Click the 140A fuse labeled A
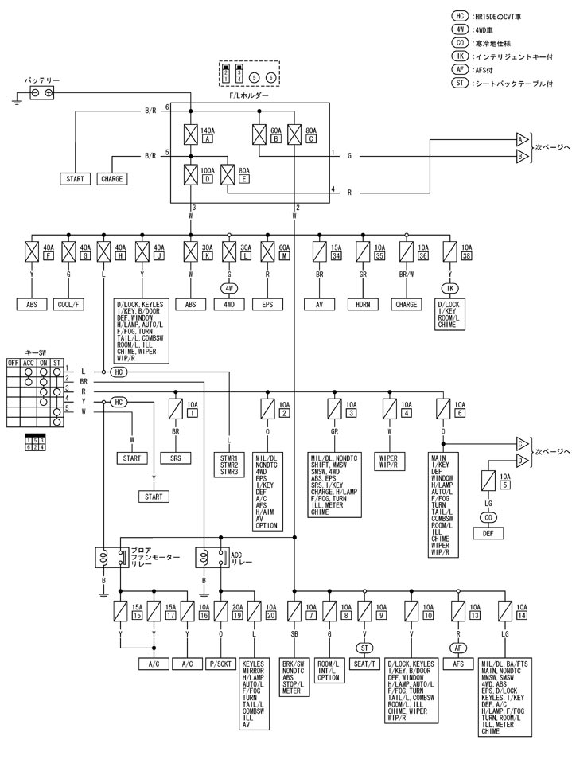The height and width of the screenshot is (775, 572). [191, 134]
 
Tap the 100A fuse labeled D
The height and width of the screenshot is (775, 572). [191, 173]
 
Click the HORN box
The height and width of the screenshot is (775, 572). [364, 303]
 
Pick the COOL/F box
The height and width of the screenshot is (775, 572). [68, 303]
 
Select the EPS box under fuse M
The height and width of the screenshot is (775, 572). [267, 303]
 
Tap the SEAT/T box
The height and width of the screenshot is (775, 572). [365, 663]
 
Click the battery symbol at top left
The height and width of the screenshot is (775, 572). [42, 93]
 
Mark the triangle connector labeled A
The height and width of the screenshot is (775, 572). [522, 138]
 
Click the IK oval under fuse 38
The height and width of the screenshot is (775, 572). [449, 287]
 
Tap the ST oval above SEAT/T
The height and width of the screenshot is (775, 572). [365, 647]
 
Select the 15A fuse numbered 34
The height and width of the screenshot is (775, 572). [321, 251]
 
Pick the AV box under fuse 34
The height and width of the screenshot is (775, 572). [321, 303]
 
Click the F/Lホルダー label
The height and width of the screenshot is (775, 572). [248, 95]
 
